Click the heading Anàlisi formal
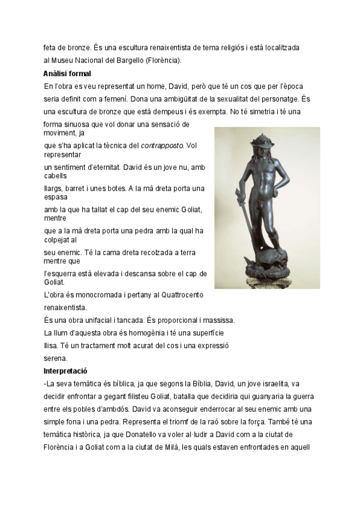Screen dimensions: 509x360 67,74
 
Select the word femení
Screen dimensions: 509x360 131,99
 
